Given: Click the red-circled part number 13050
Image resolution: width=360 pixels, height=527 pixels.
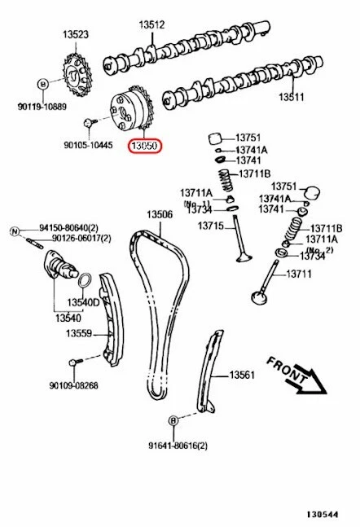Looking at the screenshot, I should point(143,147).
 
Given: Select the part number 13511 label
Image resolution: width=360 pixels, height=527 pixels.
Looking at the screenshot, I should point(291,98).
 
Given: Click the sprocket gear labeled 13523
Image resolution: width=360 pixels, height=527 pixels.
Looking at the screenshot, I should point(77,77).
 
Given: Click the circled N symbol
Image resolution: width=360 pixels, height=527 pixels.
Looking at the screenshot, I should point(14,231).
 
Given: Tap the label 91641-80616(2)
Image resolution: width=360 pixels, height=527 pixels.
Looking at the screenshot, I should point(178,446).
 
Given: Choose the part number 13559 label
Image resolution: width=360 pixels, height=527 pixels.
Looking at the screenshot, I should point(79,332).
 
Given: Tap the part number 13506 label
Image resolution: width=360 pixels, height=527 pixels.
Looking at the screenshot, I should point(160,214).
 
